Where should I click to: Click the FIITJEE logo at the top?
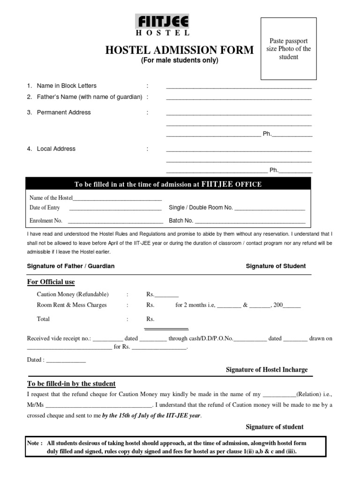coord(162,22)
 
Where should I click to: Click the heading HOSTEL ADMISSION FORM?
coord(180,50)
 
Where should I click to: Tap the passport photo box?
coord(289,49)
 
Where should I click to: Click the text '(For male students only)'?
coord(180,60)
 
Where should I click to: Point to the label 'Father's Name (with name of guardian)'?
coord(90,97)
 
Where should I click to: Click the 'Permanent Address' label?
coord(64,112)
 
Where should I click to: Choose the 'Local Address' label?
coord(56,149)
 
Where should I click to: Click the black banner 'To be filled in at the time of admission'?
coord(168,184)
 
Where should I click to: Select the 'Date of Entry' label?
coord(45,208)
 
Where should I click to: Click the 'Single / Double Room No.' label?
coord(201,208)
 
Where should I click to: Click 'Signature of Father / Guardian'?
coord(71,266)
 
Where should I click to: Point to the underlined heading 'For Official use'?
coord(51,282)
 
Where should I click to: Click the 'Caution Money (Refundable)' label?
coord(73,294)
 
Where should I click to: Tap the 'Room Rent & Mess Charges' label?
coord(72,305)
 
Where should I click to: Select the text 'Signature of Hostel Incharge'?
coord(267,370)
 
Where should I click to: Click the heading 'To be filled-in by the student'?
coord(71,384)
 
